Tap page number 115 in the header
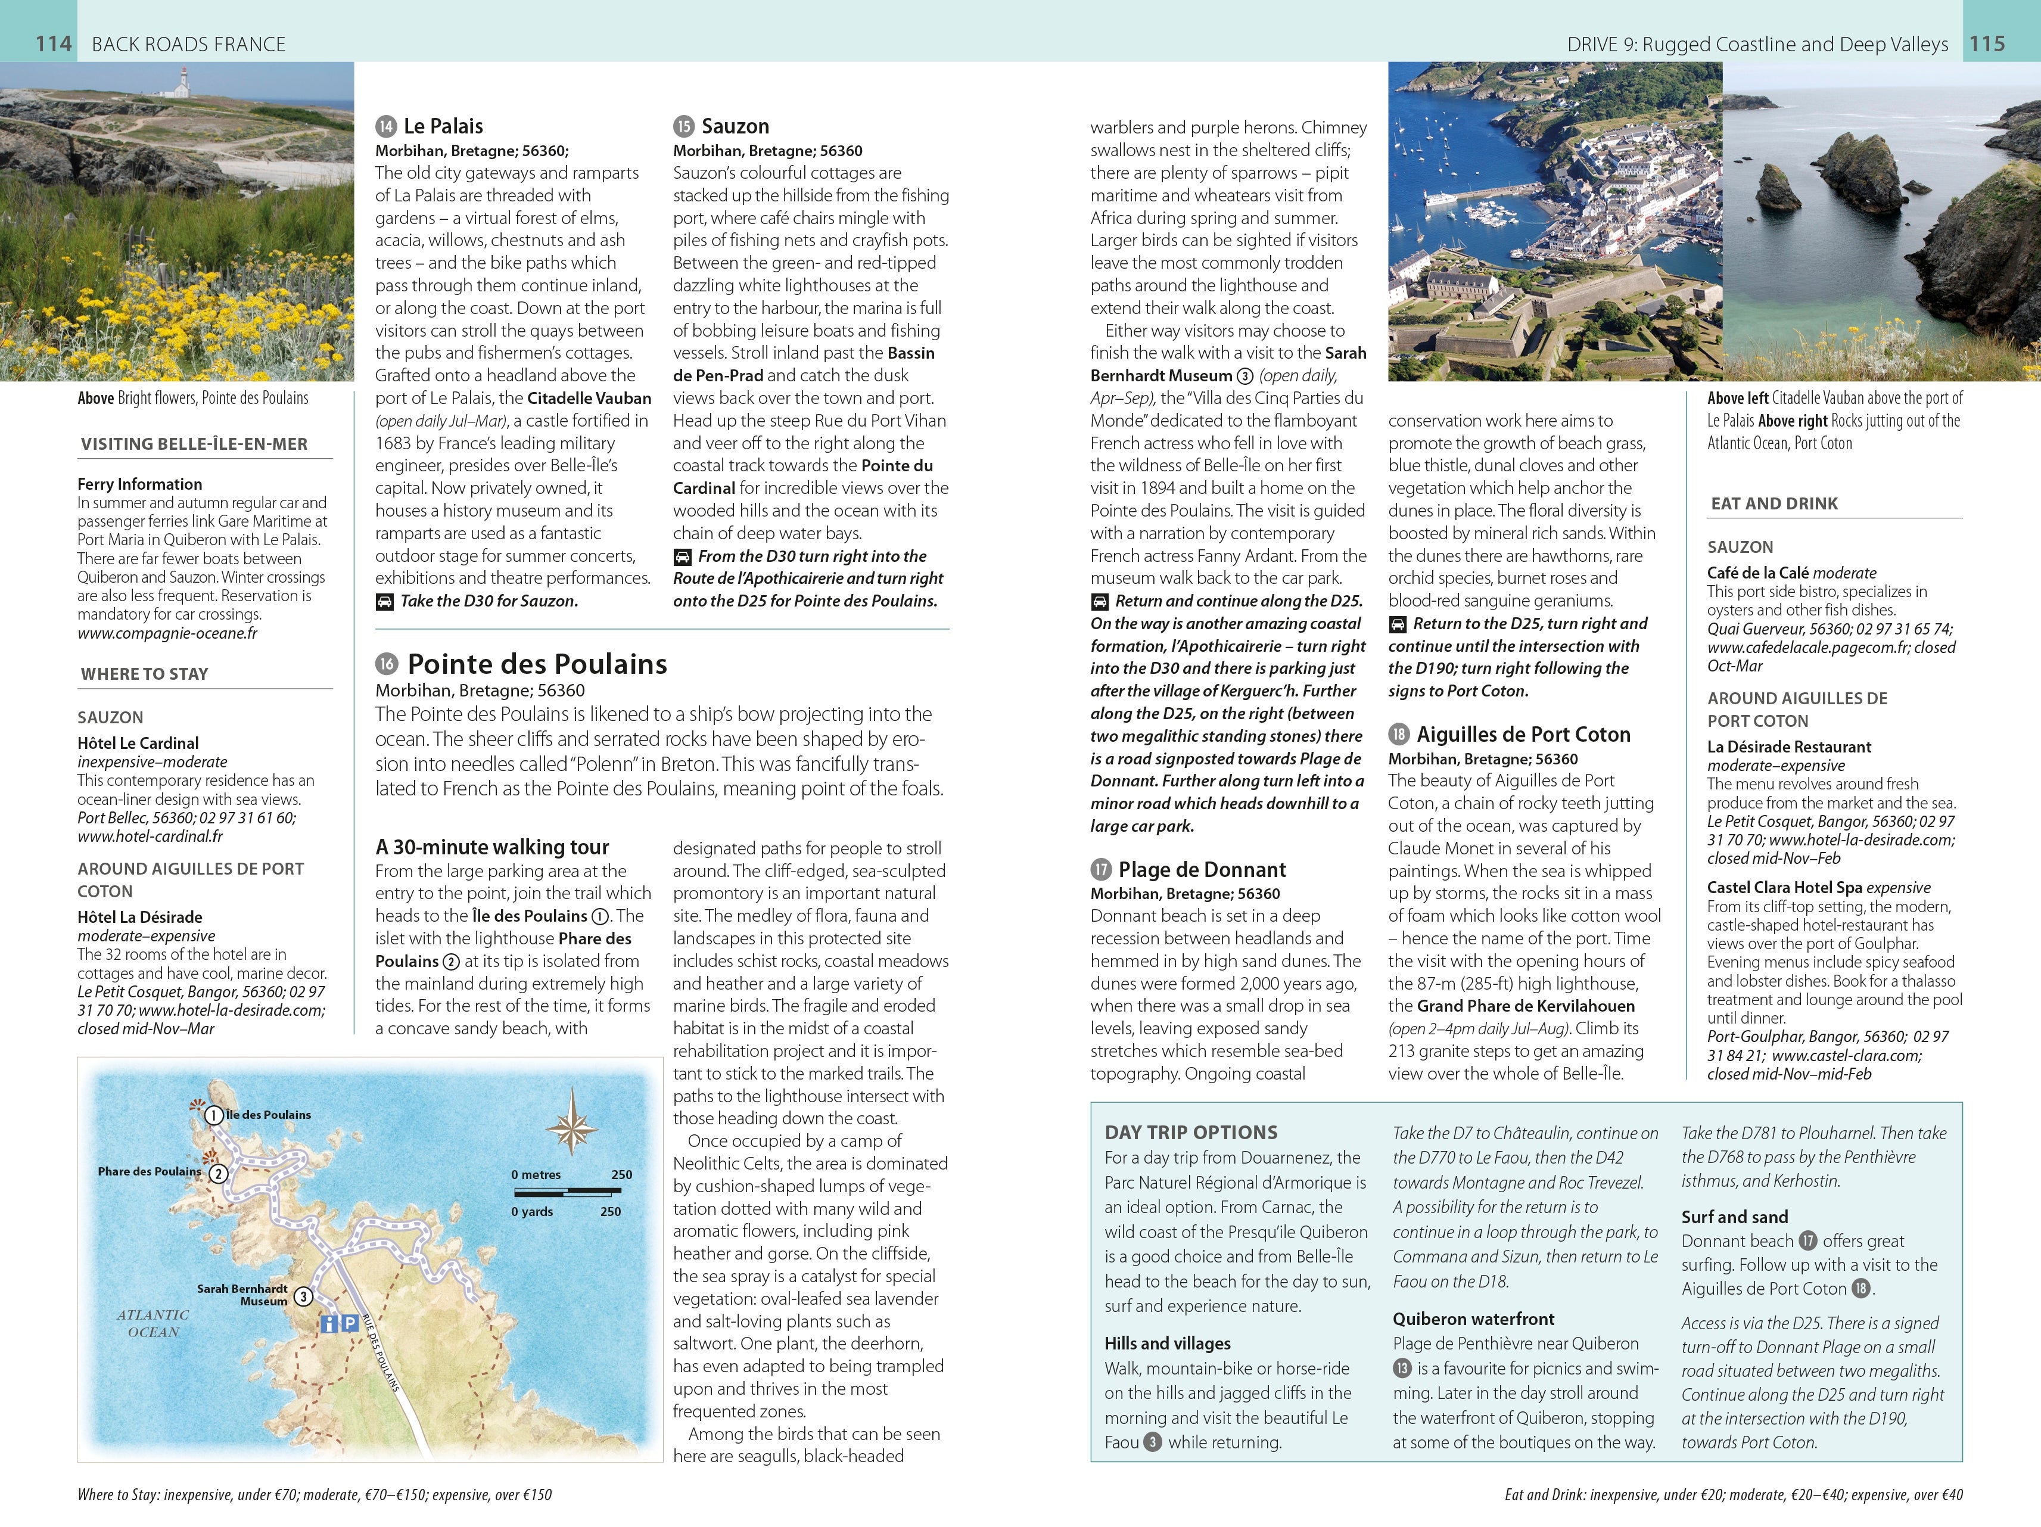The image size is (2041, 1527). pos(1987,43)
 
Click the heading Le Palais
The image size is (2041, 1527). pos(443,126)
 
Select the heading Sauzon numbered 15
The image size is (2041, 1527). pos(735,126)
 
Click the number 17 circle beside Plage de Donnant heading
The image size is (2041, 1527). pos(1101,869)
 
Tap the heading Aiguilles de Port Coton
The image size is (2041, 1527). pos(1523,735)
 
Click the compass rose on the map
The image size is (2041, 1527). pos(572,1122)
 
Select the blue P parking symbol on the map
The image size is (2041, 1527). pos(350,1323)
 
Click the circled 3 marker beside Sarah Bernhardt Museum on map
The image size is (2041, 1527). pos(303,1296)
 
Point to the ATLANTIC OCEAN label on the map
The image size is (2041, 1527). pos(153,1323)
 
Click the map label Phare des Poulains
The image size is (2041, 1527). pos(150,1172)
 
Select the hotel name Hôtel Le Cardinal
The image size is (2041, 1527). pos(138,743)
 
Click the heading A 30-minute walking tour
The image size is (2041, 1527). pos(492,847)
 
